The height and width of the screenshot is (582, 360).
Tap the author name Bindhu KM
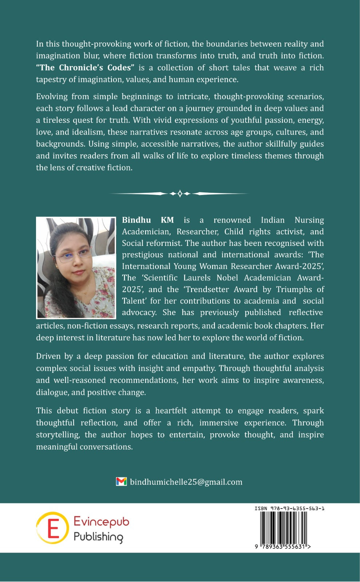pyautogui.click(x=148, y=220)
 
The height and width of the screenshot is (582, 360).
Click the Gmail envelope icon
pyautogui.click(x=121, y=482)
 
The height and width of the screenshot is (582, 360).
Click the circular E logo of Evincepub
pyautogui.click(x=52, y=527)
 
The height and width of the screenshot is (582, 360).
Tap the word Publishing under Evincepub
pyautogui.click(x=98, y=537)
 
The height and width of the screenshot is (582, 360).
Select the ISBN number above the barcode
pyautogui.click(x=289, y=508)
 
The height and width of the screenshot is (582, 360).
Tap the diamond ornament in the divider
pyautogui.click(x=180, y=194)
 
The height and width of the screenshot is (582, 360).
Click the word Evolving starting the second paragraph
pyautogui.click(x=52, y=96)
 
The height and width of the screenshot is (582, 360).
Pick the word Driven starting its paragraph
pyautogui.click(x=48, y=356)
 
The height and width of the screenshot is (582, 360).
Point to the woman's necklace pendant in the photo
pyautogui.click(x=86, y=293)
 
